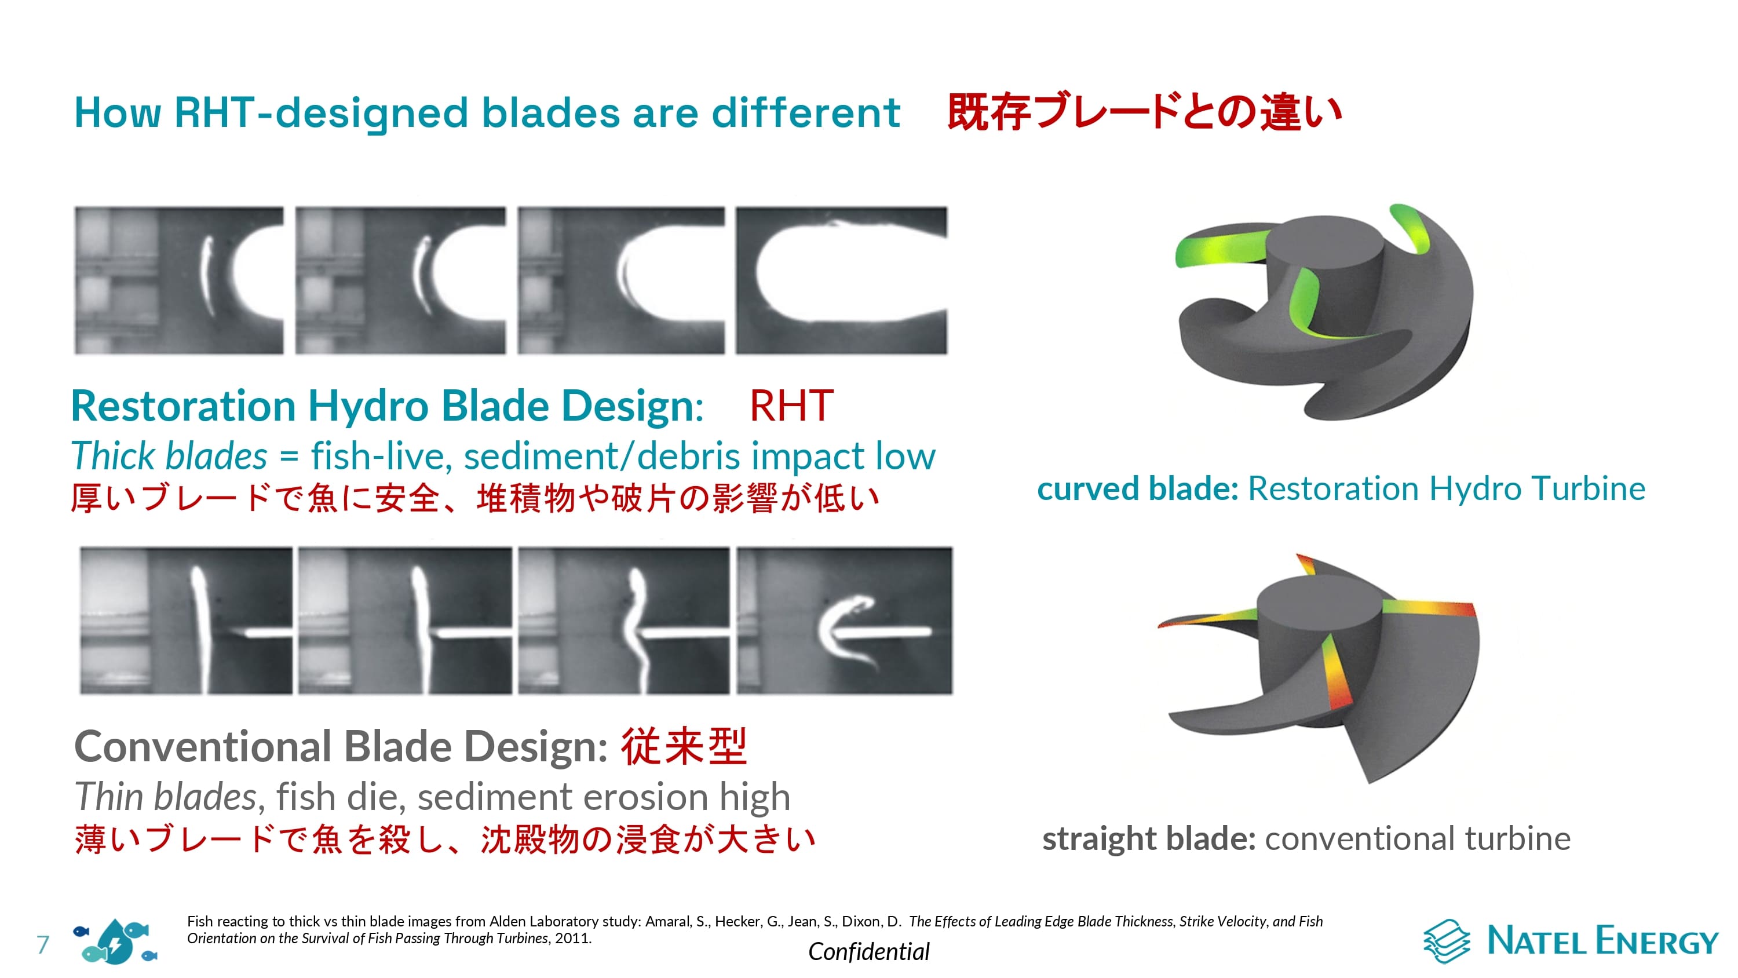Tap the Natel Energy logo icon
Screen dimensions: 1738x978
(1446, 940)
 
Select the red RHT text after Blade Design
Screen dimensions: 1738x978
(791, 406)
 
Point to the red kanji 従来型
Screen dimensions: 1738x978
(684, 746)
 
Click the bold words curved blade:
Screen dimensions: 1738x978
(1138, 488)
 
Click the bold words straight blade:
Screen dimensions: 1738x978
(1148, 839)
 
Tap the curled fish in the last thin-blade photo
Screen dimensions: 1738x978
(847, 631)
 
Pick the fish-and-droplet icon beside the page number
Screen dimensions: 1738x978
(115, 941)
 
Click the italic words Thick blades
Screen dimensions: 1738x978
(169, 457)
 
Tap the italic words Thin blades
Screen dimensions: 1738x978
(165, 797)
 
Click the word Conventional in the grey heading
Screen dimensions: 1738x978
(202, 746)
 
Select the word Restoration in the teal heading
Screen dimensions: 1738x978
(184, 406)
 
